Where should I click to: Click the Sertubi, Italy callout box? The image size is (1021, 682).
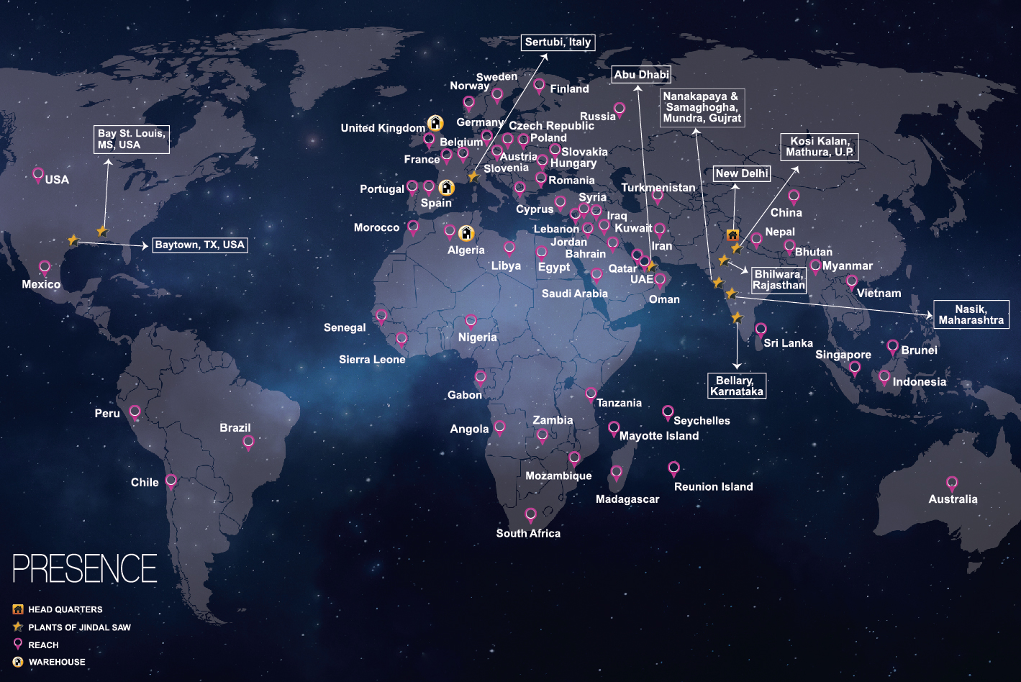(x=558, y=42)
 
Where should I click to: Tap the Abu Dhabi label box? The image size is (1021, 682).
(x=641, y=74)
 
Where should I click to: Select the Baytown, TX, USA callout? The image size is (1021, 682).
(x=200, y=245)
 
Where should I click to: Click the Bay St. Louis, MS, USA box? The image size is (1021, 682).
(x=132, y=139)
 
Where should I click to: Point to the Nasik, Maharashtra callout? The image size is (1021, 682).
(x=971, y=314)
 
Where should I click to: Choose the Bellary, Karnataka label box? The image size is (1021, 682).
(x=736, y=386)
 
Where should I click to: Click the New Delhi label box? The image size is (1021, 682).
(x=742, y=173)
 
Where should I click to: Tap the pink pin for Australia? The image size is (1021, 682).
(x=952, y=483)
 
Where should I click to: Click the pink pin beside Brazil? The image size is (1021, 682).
(x=248, y=442)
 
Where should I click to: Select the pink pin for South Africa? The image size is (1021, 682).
(x=530, y=514)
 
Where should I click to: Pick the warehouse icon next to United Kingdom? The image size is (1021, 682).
(x=435, y=123)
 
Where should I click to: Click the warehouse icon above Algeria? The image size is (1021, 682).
(x=466, y=234)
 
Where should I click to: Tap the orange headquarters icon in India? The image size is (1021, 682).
(x=732, y=235)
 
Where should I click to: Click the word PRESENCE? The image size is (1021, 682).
(x=85, y=568)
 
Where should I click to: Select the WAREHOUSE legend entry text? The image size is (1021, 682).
(x=57, y=662)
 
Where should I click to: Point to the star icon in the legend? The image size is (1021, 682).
(x=18, y=627)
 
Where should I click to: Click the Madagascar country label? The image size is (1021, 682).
(x=627, y=499)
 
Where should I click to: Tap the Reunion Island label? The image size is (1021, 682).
(x=713, y=487)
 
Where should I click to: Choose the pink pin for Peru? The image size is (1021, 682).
(x=135, y=412)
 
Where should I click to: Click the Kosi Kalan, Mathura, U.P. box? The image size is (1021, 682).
(x=819, y=147)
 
